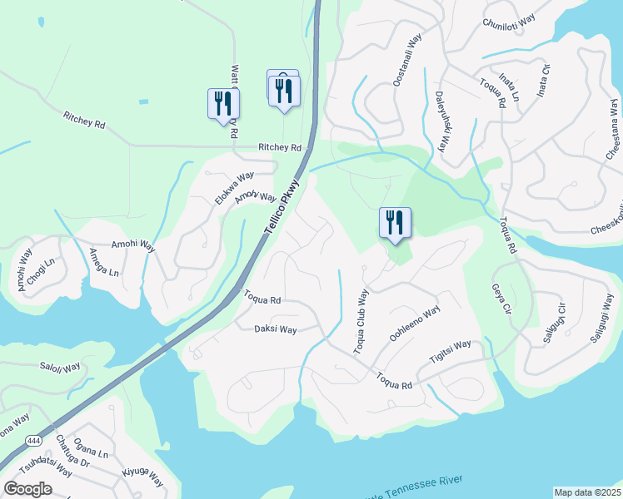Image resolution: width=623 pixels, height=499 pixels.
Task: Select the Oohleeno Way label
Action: (x=414, y=325)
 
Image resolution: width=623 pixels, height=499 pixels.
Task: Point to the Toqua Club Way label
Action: (x=361, y=322)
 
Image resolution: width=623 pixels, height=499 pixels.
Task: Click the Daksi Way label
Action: (x=276, y=329)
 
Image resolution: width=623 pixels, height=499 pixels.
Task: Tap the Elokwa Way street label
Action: (x=234, y=188)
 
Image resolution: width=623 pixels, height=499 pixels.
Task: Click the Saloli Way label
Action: (x=60, y=367)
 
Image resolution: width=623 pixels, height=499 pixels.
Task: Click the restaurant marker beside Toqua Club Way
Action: (x=394, y=224)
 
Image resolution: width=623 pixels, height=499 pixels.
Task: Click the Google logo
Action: (x=28, y=488)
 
